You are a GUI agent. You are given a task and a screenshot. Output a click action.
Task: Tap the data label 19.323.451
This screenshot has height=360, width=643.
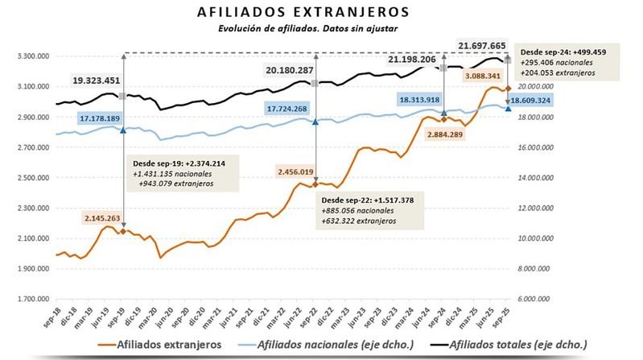coord(108,81)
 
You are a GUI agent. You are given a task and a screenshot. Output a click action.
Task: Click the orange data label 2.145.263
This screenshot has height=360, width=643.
coord(108,217)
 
